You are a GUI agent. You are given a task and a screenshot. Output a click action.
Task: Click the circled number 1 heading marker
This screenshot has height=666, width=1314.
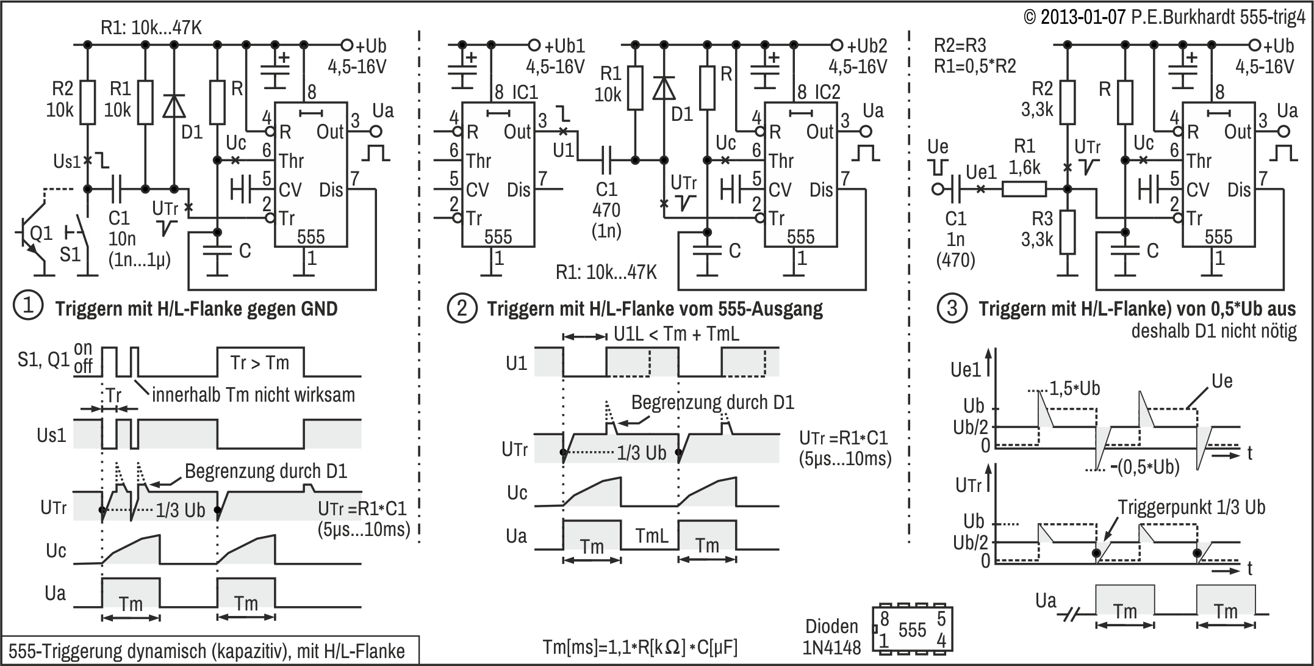(28, 307)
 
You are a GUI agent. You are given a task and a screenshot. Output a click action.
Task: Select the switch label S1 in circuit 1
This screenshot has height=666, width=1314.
(70, 254)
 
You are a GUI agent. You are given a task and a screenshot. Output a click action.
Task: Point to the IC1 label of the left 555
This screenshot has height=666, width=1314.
(525, 92)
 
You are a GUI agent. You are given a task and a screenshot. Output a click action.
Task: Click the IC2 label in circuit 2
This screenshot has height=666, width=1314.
(827, 92)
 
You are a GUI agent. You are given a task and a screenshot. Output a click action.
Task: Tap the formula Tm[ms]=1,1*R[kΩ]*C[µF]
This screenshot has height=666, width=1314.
(640, 646)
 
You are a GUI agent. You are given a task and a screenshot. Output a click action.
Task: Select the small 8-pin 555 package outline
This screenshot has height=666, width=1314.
(912, 629)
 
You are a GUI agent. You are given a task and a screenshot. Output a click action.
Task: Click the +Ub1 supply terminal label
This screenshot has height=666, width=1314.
(564, 46)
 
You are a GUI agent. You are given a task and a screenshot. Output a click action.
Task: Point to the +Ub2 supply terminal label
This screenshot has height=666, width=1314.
(866, 46)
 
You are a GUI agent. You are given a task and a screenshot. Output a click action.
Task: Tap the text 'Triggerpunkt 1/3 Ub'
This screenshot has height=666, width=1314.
(1191, 507)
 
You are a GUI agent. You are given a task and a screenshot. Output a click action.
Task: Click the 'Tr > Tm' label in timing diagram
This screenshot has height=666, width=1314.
(260, 363)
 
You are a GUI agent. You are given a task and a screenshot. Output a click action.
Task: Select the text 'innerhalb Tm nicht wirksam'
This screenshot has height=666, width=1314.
(253, 395)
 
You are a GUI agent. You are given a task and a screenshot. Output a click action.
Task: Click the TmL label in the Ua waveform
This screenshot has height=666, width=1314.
(652, 536)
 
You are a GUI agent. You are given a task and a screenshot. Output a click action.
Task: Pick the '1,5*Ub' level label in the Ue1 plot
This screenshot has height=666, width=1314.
(1074, 389)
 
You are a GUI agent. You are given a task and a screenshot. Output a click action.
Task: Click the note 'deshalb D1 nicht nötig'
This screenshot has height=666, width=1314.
(1214, 331)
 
